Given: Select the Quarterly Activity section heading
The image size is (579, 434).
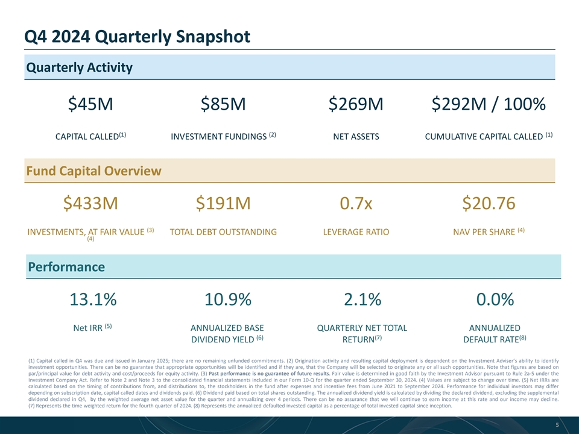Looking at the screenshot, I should (x=79, y=67).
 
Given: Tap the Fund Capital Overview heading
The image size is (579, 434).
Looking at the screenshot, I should (x=93, y=171).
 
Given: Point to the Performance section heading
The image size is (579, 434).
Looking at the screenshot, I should (x=65, y=266).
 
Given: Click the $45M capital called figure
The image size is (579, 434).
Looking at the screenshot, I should (x=90, y=105).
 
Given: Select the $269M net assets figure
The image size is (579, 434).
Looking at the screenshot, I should (x=356, y=105).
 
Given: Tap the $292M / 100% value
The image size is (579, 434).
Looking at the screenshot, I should (x=489, y=105).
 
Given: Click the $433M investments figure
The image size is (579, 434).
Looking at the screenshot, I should (x=90, y=204).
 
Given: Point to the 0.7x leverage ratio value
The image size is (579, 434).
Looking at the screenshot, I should (x=356, y=204).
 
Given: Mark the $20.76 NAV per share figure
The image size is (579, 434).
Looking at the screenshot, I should (x=489, y=204).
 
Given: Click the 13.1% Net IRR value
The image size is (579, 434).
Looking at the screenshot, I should (x=90, y=300).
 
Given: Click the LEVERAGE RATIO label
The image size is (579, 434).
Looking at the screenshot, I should (x=356, y=232).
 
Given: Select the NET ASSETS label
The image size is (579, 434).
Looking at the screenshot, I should (x=356, y=137).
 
